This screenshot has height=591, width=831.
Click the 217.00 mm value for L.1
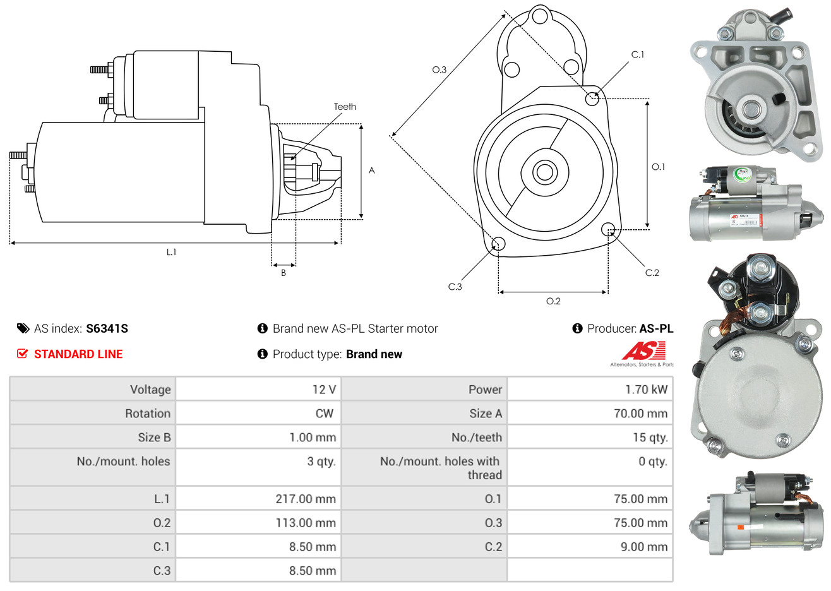(x=305, y=499)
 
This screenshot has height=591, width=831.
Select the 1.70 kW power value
(x=646, y=390)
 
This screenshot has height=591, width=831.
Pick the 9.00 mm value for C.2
(x=643, y=547)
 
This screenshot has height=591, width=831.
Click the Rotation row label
(x=148, y=414)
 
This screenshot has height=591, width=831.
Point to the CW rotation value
(x=324, y=414)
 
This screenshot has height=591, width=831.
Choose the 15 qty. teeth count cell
(x=653, y=438)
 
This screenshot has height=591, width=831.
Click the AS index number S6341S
(x=107, y=328)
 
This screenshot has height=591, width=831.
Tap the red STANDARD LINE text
(x=78, y=354)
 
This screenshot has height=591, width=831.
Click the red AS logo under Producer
(x=643, y=351)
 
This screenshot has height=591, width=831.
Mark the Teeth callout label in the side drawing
(x=345, y=107)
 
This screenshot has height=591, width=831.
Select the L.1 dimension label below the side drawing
(x=171, y=252)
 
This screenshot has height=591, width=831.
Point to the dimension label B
(x=284, y=273)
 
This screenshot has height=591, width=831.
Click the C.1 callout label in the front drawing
(x=638, y=55)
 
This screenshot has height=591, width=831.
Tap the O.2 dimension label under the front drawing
(x=553, y=301)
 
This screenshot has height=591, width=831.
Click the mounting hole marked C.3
(x=498, y=244)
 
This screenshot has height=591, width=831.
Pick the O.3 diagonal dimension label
(x=439, y=69)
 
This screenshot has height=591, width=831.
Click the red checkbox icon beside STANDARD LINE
(x=22, y=354)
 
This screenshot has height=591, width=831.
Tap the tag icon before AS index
(x=23, y=328)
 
